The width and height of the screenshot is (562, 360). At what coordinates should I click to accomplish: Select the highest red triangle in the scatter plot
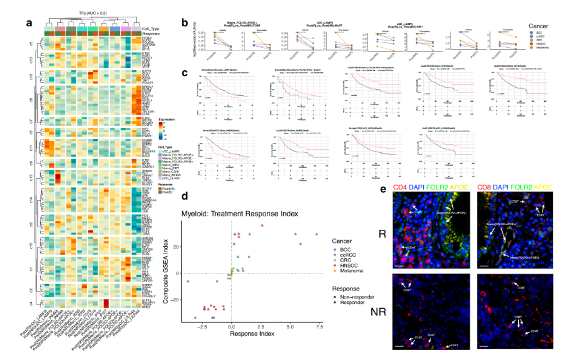point(263,225)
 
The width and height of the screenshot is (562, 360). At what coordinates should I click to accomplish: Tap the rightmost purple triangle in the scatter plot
point(316,234)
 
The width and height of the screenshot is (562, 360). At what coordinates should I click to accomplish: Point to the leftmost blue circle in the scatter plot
point(188,281)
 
